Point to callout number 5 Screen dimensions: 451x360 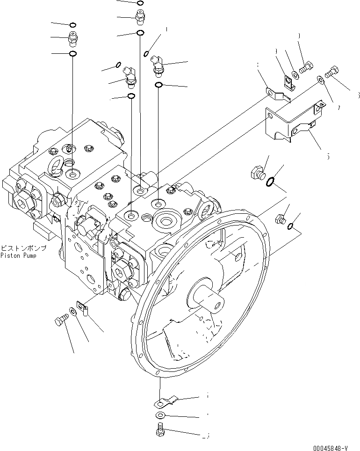click(x=328, y=156)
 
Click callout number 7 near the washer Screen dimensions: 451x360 click(x=338, y=108)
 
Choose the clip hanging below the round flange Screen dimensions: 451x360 click(x=165, y=401)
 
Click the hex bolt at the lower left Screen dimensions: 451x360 click(x=60, y=321)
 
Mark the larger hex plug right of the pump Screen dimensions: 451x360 click(x=258, y=173)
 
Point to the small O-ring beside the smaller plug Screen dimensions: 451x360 click(x=291, y=226)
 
